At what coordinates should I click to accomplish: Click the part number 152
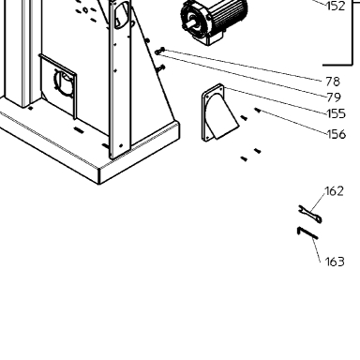[x=336, y=6]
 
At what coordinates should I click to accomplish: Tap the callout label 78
[x=333, y=82]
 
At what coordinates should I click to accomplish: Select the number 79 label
[x=334, y=97]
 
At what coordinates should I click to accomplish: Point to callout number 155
[x=337, y=113]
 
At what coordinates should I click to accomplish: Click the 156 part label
[x=337, y=134]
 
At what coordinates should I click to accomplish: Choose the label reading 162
[x=335, y=191]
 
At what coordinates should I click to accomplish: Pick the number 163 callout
[x=335, y=262]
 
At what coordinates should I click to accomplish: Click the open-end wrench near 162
[x=309, y=214]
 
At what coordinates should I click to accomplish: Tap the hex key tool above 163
[x=307, y=233]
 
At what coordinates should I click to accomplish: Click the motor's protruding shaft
[x=188, y=25]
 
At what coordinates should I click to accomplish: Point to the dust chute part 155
[x=219, y=113]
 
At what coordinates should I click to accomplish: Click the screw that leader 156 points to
[x=257, y=110]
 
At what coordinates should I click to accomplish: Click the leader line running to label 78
[x=243, y=65]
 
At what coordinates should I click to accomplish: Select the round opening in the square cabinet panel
[x=65, y=83]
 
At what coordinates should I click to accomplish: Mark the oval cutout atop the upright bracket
[x=122, y=15]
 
